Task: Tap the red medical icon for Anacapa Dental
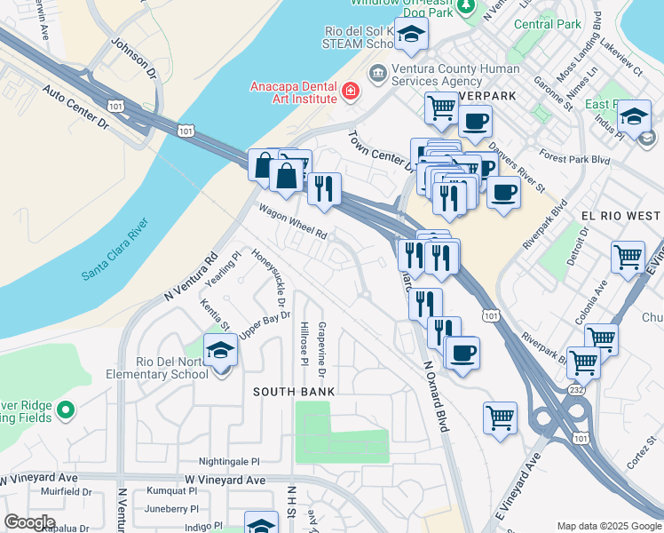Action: tap(351, 91)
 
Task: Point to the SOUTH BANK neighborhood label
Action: tap(294, 391)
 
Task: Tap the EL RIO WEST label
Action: tap(621, 216)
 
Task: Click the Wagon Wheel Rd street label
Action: tap(293, 222)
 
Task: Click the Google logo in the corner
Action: tap(29, 522)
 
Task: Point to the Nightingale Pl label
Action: tap(229, 462)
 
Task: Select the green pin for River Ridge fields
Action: tap(64, 410)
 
